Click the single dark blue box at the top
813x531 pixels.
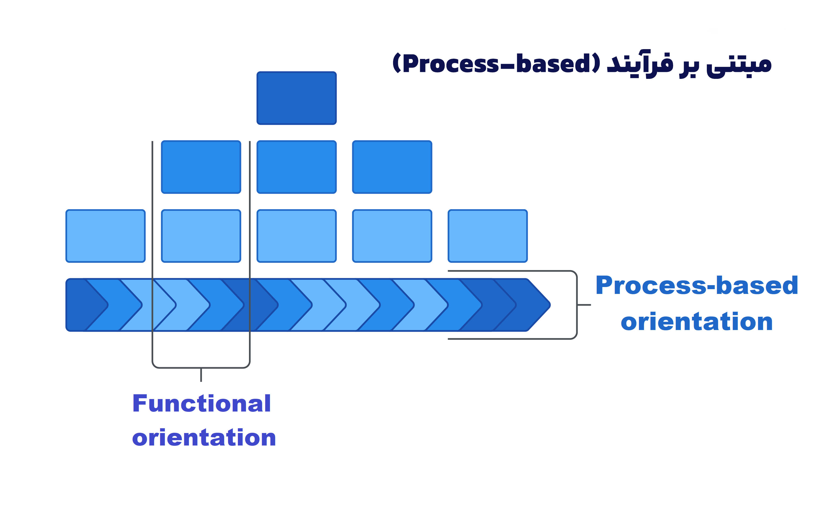tap(296, 98)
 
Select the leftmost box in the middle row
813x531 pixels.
tap(201, 167)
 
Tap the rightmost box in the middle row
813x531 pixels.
tap(392, 167)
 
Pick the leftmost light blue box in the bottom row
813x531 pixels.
tap(106, 236)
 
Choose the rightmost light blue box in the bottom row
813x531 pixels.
tap(488, 236)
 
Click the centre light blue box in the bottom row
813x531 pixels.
tap(296, 236)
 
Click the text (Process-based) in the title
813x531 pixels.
tap(496, 63)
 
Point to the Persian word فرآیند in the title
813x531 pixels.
tap(640, 64)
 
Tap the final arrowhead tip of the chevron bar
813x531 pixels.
tap(550, 305)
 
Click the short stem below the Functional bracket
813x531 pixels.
tap(201, 375)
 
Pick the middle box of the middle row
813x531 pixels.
tap(296, 167)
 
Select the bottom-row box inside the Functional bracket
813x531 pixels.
tap(201, 236)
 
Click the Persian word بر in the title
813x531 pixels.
tap(689, 67)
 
